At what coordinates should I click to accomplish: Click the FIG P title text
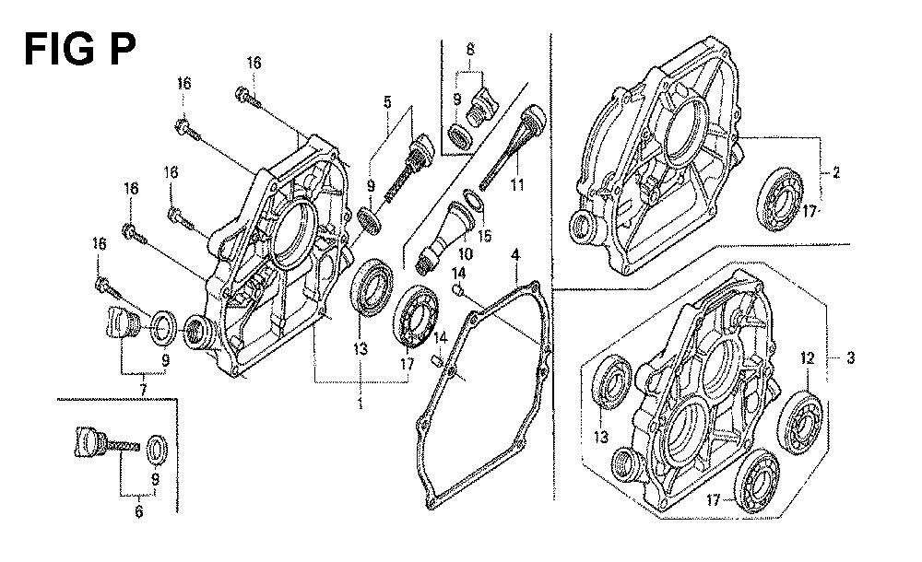coord(79,49)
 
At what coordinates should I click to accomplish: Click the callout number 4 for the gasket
coord(515,256)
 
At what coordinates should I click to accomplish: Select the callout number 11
coord(517,185)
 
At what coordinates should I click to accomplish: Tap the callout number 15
coord(485,236)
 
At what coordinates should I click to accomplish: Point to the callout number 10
coord(465,254)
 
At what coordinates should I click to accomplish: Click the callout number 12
coord(808,357)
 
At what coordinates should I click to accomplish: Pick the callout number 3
coord(850,357)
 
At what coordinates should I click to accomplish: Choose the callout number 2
coord(836,172)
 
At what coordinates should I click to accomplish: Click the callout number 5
coord(387,102)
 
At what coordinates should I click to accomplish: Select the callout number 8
coord(470,50)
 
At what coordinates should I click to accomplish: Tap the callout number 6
coord(139,511)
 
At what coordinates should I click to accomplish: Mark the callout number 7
coord(143,390)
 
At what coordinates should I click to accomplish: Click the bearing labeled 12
coord(800,422)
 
